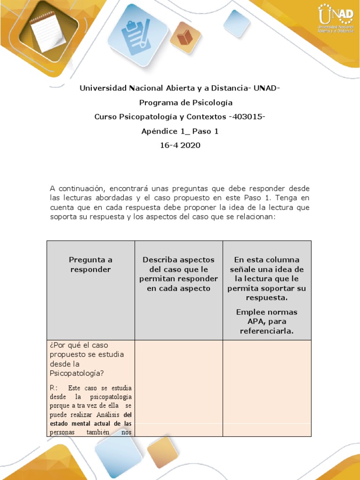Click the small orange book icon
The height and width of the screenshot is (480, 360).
point(185,37)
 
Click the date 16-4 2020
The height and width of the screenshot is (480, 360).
point(180,145)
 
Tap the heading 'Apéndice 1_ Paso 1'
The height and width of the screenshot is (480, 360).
point(180,131)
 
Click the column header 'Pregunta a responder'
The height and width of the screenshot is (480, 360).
point(90,264)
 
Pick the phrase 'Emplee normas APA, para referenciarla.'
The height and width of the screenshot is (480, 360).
point(267,322)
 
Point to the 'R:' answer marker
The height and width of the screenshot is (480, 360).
point(54,388)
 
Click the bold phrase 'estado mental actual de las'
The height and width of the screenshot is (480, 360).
point(90,424)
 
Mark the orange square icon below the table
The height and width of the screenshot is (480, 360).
point(163,451)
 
